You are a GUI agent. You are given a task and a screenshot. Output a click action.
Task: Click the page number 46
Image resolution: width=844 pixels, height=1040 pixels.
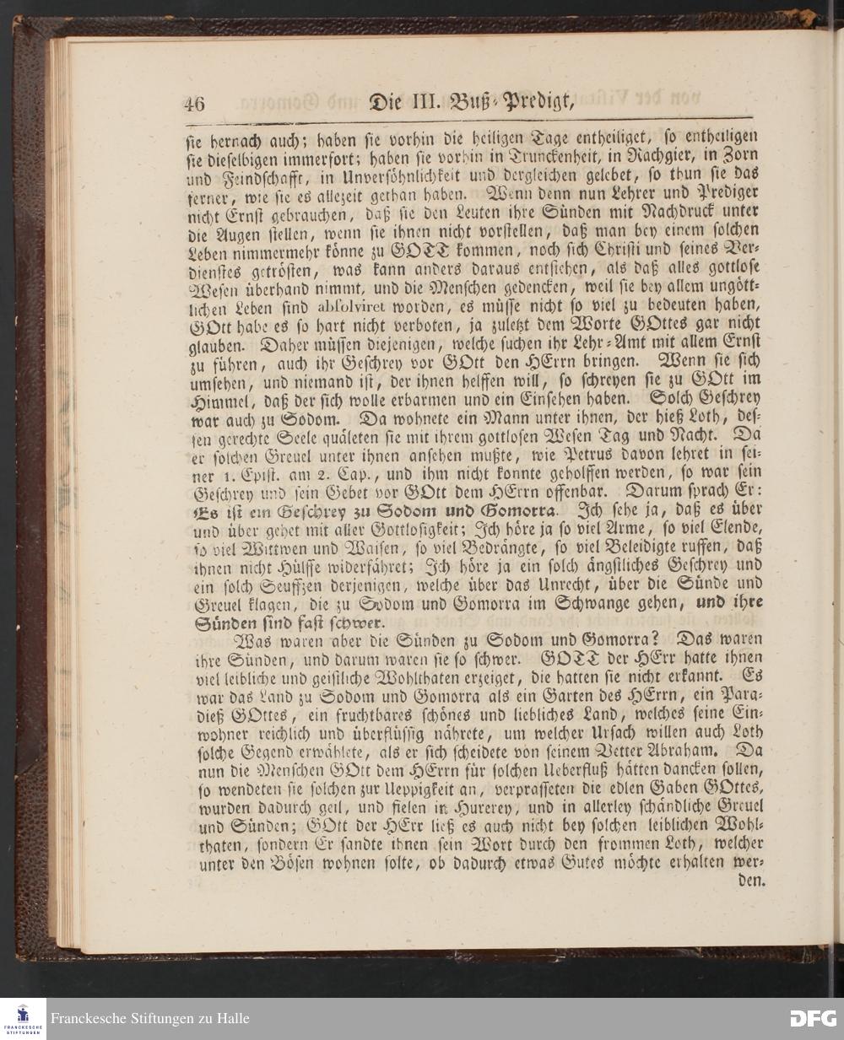(194, 103)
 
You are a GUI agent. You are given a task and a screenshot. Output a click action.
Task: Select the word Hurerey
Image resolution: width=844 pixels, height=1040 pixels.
(471, 807)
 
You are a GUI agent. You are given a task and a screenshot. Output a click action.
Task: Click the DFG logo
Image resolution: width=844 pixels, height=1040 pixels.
(813, 1019)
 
